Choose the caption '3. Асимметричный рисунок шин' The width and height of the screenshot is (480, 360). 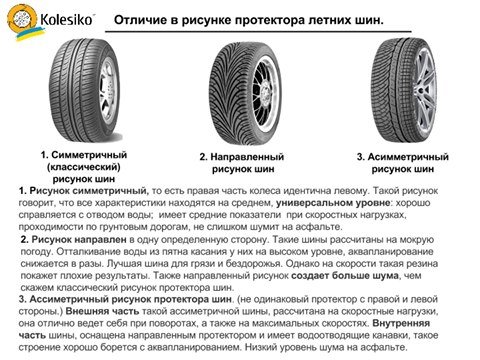pyautogui.click(x=403, y=163)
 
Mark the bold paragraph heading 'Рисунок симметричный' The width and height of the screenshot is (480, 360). pyautogui.click(x=71, y=189)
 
